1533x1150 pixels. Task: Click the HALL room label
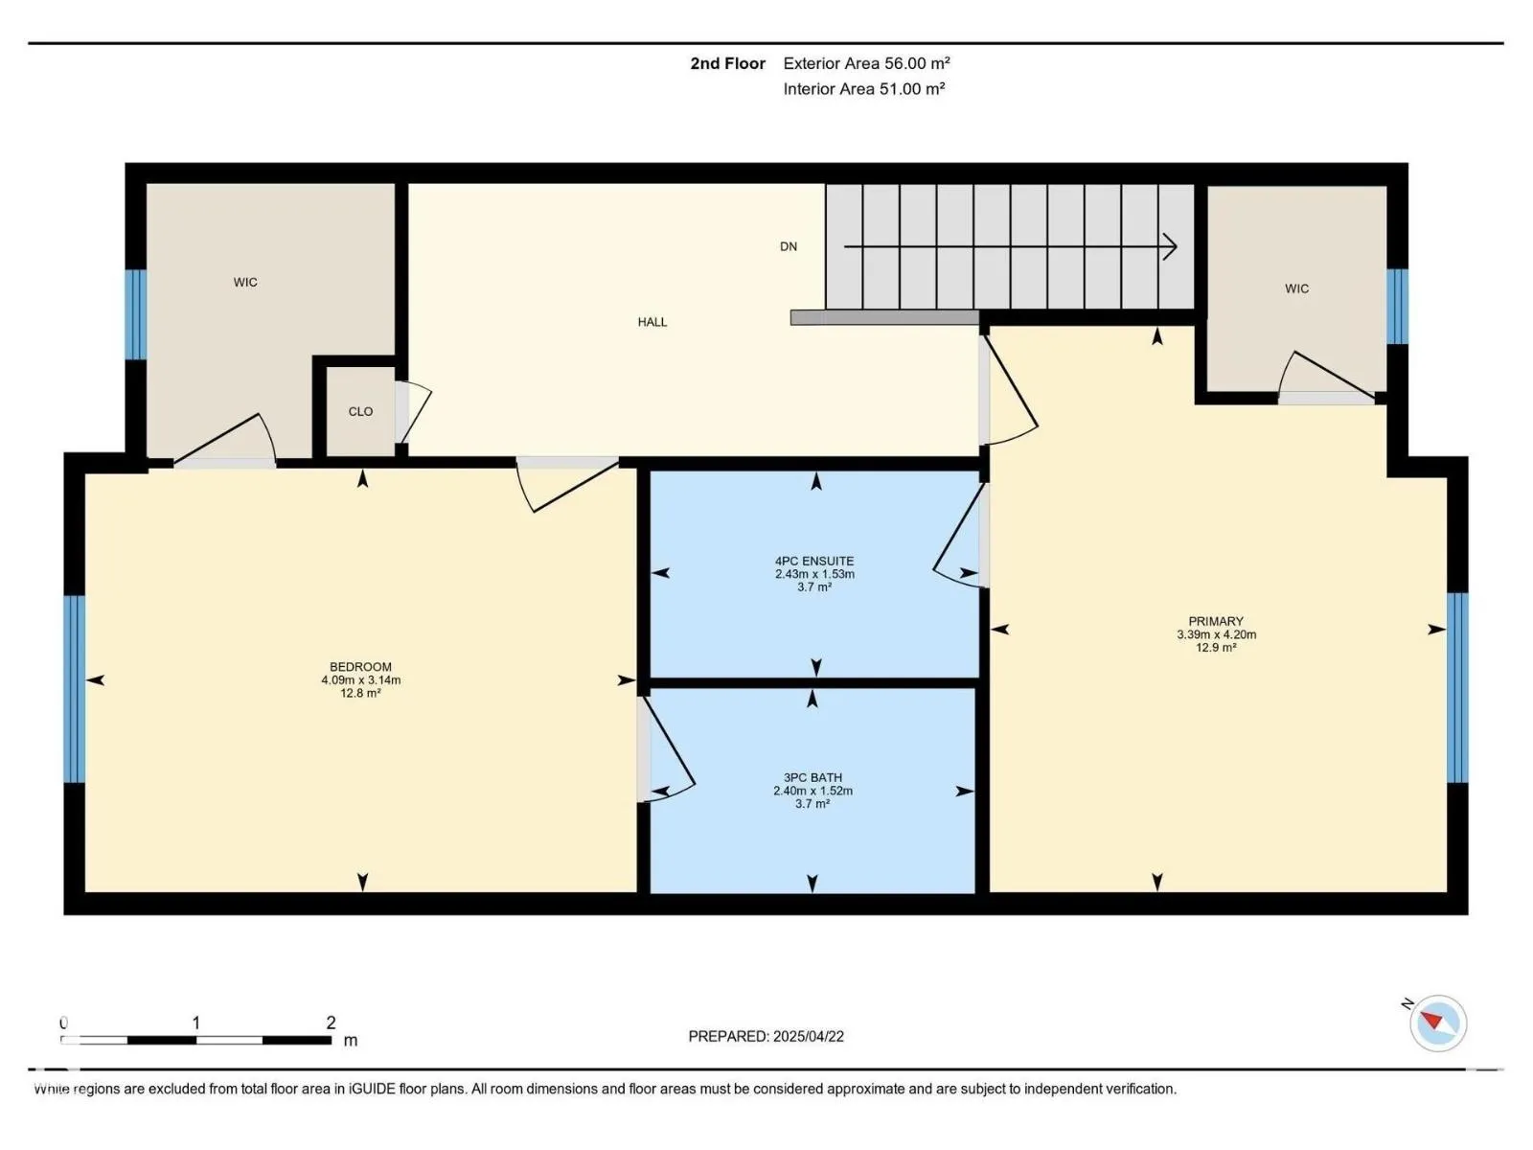(x=652, y=322)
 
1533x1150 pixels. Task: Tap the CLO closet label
(x=360, y=411)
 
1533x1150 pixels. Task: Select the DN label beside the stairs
(x=788, y=246)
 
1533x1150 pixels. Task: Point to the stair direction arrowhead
(x=1170, y=246)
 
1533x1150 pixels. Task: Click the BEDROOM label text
(x=360, y=667)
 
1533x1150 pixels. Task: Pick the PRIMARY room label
(x=1216, y=621)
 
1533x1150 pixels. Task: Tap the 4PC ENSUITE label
(x=814, y=561)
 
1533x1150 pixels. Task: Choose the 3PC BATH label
(x=812, y=777)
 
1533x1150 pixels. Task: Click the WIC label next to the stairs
(x=1296, y=288)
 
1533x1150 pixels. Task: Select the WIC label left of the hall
(x=245, y=282)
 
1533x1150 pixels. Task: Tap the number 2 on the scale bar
(x=331, y=1023)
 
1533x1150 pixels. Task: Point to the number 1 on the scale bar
(x=196, y=1023)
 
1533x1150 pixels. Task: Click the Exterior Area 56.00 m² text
(x=866, y=63)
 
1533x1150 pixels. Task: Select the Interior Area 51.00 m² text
(x=864, y=89)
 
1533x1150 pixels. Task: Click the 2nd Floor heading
(x=727, y=63)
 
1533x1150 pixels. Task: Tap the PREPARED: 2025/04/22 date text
(x=766, y=1036)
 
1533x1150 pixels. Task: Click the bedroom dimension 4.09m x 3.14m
(x=360, y=680)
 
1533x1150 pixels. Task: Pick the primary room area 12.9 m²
(x=1216, y=647)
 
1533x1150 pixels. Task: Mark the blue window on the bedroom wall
(x=75, y=688)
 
